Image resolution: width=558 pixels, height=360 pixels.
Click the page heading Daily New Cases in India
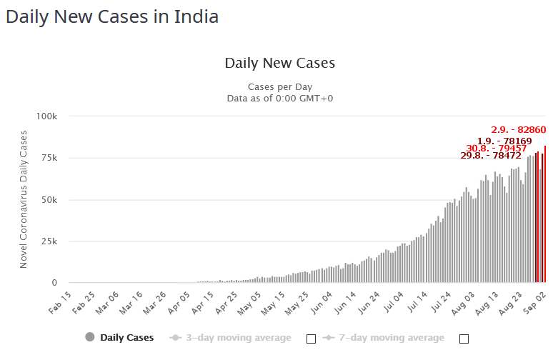click(x=112, y=16)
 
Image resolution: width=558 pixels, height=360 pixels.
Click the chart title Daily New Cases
click(x=279, y=63)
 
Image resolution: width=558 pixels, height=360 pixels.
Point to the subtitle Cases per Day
click(x=279, y=87)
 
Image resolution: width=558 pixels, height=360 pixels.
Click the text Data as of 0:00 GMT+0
click(x=279, y=99)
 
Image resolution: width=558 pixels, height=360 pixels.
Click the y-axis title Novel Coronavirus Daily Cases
click(x=24, y=199)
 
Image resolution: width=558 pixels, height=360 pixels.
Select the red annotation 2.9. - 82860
click(x=518, y=130)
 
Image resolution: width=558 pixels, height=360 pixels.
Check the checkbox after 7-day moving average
click(x=464, y=338)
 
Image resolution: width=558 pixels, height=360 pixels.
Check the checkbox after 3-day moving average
click(x=311, y=338)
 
